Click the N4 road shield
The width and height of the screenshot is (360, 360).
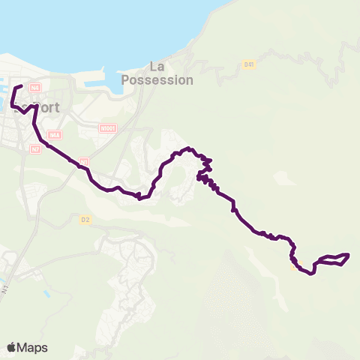[x=34, y=88]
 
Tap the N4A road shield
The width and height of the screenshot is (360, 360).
[x=54, y=135]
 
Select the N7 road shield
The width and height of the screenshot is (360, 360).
[x=36, y=149]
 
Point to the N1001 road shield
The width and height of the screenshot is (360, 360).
[x=107, y=127]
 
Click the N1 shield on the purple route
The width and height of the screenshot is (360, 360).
[x=84, y=161]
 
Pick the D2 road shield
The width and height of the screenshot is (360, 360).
[x=85, y=220]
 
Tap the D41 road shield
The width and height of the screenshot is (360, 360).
[x=249, y=64]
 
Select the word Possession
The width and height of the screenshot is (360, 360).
[x=160, y=79]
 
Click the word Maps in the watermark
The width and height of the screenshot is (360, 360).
[x=33, y=347]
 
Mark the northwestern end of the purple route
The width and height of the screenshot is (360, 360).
[x=17, y=88]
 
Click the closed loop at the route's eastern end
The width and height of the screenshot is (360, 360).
[x=334, y=259]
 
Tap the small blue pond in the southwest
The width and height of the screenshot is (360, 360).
[x=49, y=294]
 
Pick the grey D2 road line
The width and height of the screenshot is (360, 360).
[x=135, y=226]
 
